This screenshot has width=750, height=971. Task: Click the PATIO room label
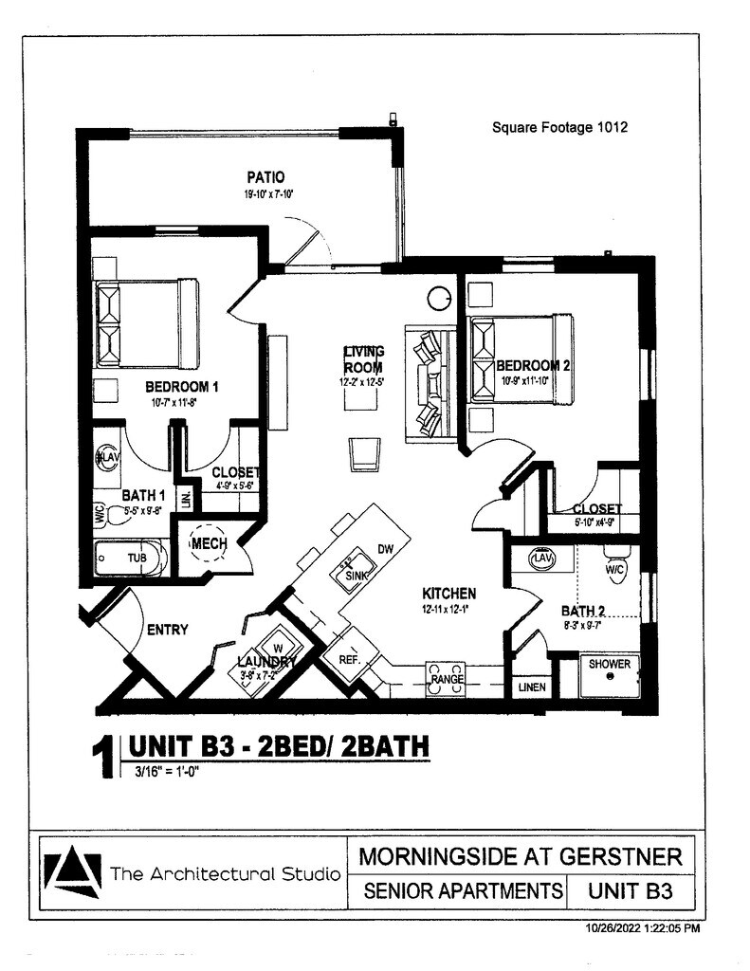point(265,177)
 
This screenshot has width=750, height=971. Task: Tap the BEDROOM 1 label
point(182,387)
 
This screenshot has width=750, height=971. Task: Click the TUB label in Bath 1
point(137,559)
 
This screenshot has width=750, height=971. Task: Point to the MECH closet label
point(209,544)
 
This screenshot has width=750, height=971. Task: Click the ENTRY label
point(166,630)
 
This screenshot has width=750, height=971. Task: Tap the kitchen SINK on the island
point(356,574)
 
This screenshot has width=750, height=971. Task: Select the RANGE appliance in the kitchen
point(447,679)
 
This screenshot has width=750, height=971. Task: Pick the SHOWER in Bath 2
point(609,665)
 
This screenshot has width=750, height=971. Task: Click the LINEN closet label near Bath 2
point(532,687)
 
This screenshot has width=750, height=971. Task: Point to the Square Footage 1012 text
point(559,126)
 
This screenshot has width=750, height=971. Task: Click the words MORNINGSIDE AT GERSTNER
point(521,857)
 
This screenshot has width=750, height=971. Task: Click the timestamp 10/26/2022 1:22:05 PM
point(641,928)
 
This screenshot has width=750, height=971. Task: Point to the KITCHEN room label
point(448,594)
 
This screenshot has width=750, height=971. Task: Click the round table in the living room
point(440,299)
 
